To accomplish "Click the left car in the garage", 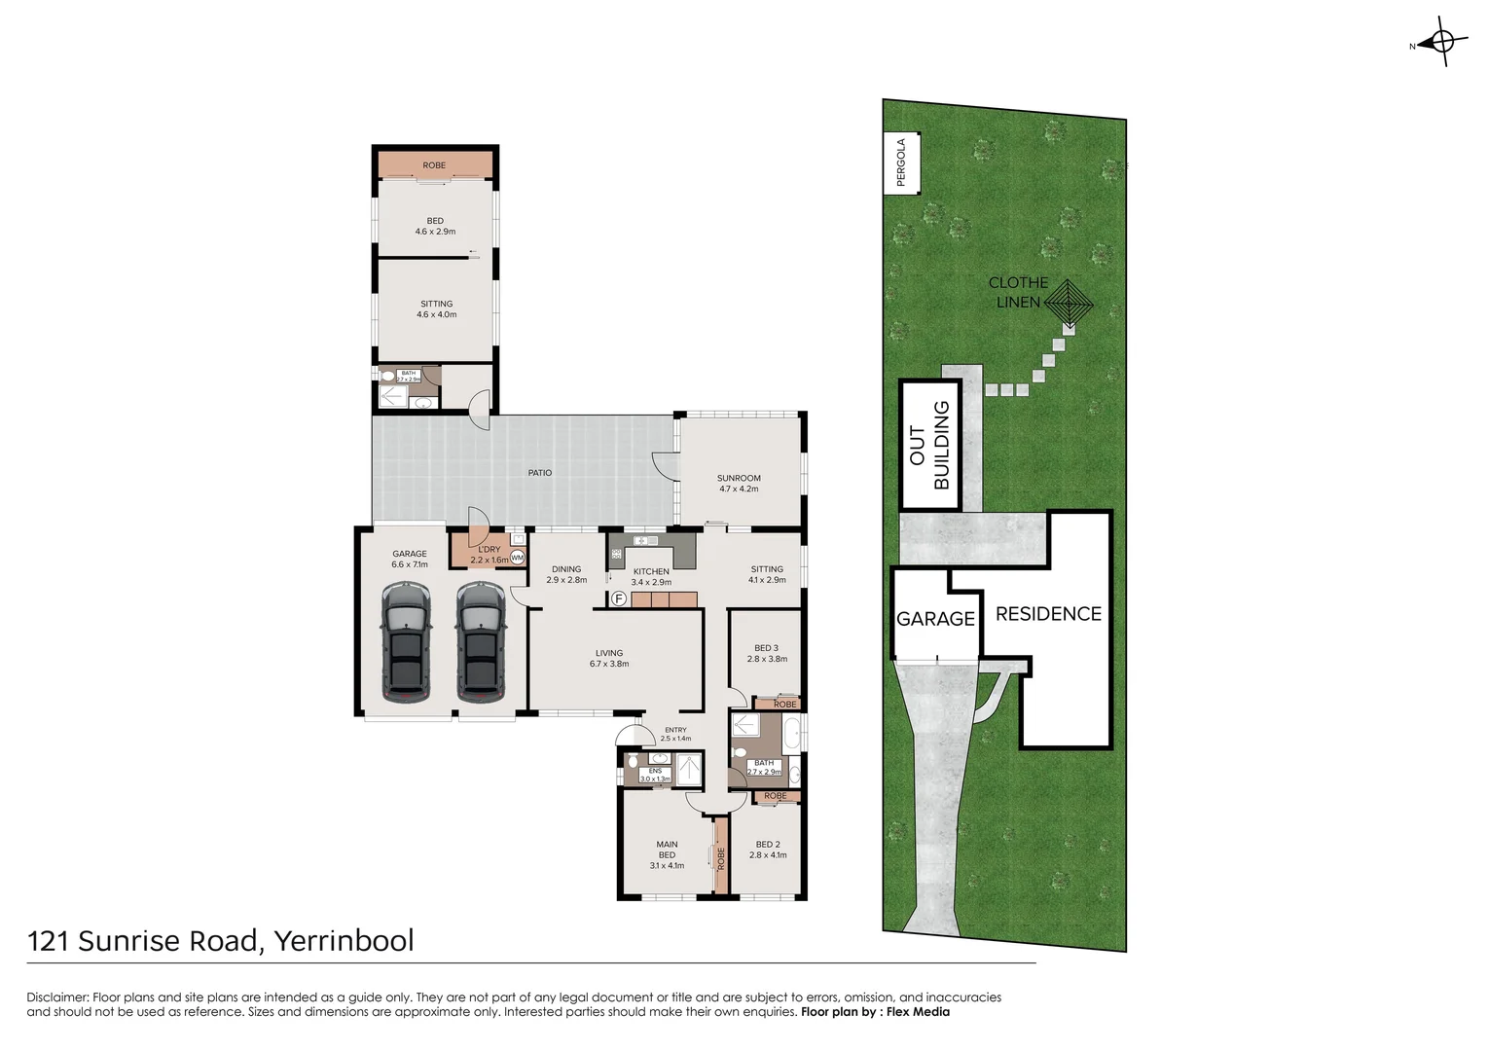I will (406, 642).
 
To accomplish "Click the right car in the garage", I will (481, 642).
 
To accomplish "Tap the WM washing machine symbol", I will (517, 559).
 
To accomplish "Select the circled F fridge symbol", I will (618, 598).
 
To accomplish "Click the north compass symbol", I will (1441, 43).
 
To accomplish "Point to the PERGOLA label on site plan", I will (901, 163).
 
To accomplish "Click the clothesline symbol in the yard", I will (1069, 304).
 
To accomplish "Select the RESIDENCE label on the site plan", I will (1048, 614).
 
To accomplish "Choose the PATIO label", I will (540, 473).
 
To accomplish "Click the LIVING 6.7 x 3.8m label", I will (609, 659).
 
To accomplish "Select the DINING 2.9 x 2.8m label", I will (566, 574).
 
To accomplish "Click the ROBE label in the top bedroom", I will (434, 165).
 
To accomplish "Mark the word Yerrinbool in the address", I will (344, 941).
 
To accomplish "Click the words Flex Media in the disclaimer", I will (918, 1012).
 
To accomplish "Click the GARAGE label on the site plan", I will (935, 619).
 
